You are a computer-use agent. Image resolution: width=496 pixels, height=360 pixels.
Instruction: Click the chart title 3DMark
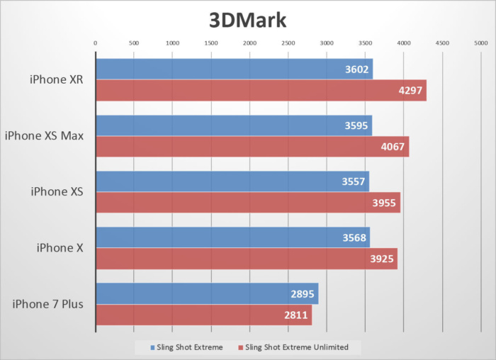[x=247, y=19]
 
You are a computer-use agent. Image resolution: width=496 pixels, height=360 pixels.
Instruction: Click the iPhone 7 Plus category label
[x=48, y=305]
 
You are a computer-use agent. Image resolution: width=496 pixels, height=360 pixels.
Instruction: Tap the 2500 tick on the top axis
[x=288, y=43]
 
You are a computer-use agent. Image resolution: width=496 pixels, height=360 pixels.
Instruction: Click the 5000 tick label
[x=480, y=43]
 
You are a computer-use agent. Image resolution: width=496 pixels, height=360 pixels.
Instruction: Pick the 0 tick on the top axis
[x=96, y=43]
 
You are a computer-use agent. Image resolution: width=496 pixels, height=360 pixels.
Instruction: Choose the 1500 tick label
[x=210, y=43]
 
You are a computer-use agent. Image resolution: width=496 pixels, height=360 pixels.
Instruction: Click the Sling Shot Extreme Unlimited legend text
[x=297, y=347]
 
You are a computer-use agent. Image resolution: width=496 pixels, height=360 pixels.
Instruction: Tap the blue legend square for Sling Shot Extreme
[x=152, y=347]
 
